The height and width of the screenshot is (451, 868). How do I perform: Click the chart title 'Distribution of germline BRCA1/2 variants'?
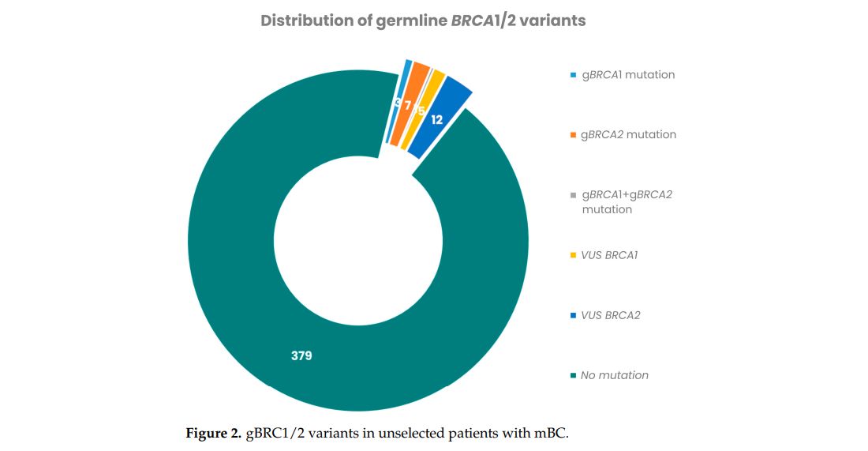click(423, 21)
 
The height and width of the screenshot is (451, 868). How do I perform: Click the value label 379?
click(301, 355)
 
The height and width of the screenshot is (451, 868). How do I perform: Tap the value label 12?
click(436, 120)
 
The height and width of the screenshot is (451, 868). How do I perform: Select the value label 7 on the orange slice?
click(408, 106)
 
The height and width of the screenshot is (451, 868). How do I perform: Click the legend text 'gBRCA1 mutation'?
click(627, 75)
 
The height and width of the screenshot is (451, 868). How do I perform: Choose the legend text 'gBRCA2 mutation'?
click(628, 134)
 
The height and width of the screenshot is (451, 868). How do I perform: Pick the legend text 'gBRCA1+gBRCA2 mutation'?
click(627, 201)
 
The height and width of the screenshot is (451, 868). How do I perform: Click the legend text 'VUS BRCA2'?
click(610, 315)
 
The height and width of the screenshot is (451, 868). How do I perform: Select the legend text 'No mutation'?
click(614, 375)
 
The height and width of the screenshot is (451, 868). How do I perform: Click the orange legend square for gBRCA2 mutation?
click(573, 135)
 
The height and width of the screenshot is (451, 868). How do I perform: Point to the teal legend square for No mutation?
click(573, 375)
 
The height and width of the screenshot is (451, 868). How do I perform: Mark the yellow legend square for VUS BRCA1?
click(573, 255)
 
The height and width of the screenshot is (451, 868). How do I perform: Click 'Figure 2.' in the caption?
click(213, 433)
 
